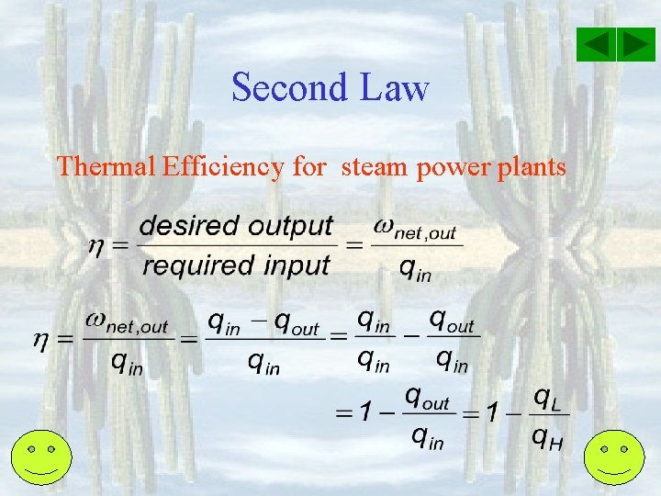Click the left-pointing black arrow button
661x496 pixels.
[598, 44]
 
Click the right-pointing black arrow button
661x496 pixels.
[635, 44]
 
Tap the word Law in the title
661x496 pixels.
[395, 88]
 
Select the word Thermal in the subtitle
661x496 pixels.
[106, 166]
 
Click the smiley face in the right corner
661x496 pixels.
[614, 457]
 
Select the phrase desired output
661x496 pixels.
[236, 226]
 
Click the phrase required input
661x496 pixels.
[236, 266]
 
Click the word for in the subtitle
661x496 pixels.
[309, 166]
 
